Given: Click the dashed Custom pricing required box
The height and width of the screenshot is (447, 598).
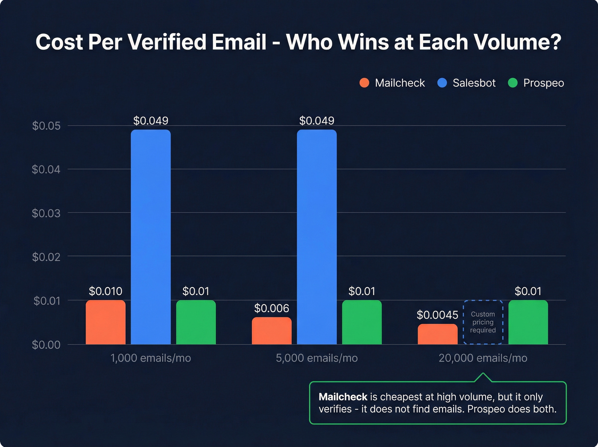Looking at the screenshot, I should pos(483,322).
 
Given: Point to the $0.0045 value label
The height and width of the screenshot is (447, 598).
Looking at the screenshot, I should pos(437,315).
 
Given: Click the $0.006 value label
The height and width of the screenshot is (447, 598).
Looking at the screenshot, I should pos(272,308).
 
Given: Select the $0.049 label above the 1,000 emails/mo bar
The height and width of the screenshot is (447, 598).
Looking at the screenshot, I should pos(151,121).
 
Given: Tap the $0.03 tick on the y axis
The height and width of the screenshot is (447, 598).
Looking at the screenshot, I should pos(46,213).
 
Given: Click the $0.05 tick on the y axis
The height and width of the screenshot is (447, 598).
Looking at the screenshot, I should pos(46,126).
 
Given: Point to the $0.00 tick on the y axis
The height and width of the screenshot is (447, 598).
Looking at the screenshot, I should pos(46,345).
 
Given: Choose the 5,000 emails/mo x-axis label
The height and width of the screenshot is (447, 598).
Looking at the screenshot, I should pos(317,358).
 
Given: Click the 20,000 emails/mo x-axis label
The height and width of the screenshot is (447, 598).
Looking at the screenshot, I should pos(483,358).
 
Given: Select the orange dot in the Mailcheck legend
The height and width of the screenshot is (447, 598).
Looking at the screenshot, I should pos(364,83).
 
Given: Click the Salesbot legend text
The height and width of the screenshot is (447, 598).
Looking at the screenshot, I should pos(474,83).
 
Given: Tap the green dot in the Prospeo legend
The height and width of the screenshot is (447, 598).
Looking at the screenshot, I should pos(513,83).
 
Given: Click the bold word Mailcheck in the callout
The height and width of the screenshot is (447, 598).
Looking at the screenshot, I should pos(343,397).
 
